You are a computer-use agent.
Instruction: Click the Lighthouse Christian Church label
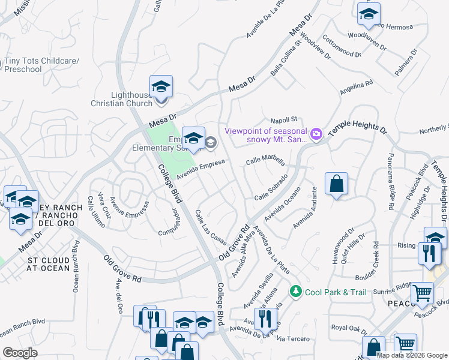point(131,99)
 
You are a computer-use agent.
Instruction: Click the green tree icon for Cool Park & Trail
point(295,292)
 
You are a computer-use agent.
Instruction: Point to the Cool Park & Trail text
point(335,292)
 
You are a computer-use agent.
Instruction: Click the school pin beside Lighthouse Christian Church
point(161,88)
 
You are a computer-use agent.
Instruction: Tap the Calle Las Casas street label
point(210,227)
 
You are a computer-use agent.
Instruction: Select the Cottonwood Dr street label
point(342,46)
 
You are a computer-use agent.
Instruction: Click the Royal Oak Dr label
point(349,328)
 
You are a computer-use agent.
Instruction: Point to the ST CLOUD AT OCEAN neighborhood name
point(49,265)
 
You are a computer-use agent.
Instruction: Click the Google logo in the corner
point(20,353)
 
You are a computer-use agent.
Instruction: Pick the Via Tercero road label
point(295,339)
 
